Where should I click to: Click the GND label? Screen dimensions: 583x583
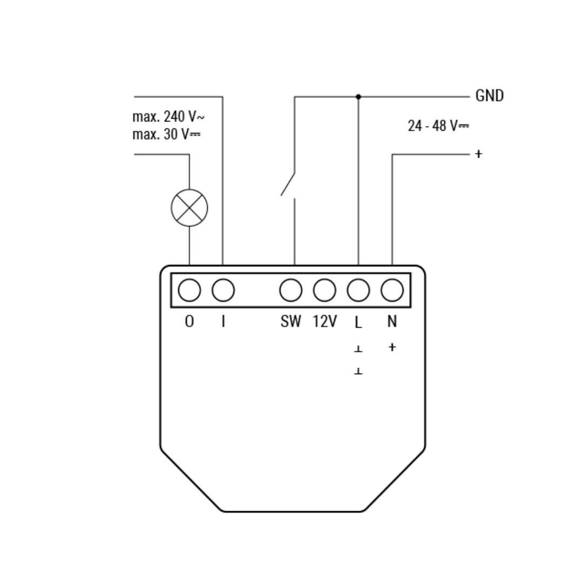[489, 96]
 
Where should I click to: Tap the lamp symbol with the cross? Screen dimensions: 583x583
[189, 208]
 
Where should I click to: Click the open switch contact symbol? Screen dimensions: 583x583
[288, 185]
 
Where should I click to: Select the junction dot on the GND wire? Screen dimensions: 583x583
[358, 97]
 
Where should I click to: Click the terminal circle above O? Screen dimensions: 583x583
[189, 290]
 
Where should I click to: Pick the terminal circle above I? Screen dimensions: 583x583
[223, 290]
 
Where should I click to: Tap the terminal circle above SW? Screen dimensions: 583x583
[291, 290]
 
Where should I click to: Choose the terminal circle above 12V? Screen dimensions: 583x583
[324, 290]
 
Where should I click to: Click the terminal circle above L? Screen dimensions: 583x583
[358, 290]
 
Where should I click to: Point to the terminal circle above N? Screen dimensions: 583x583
[392, 290]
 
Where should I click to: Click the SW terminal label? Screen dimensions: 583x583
[291, 321]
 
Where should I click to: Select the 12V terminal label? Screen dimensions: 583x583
[324, 321]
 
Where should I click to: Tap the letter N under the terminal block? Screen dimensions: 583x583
[392, 321]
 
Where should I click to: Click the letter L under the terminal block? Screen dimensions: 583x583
[358, 322]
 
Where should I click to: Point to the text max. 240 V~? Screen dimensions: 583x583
[168, 117]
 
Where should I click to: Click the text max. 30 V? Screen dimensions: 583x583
[166, 134]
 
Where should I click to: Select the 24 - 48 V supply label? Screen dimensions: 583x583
[438, 126]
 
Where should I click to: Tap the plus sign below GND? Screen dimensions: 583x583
[478, 153]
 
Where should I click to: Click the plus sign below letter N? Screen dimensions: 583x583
[392, 347]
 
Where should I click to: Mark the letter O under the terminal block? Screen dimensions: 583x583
[189, 321]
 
